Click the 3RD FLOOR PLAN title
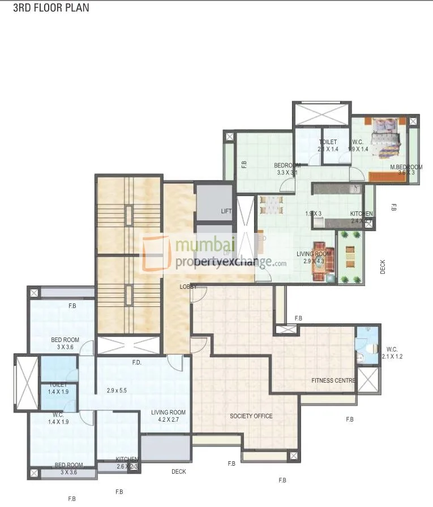pyautogui.click(x=51, y=8)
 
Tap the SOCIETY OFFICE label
pyautogui.click(x=251, y=416)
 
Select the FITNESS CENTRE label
pyautogui.click(x=333, y=380)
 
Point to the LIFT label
pyautogui.click(x=226, y=211)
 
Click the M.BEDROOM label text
pyautogui.click(x=406, y=170)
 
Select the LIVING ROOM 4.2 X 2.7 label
pyautogui.click(x=168, y=415)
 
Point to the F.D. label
pyautogui.click(x=136, y=362)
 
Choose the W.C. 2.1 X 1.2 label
pyautogui.click(x=392, y=353)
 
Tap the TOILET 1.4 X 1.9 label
pyautogui.click(x=58, y=388)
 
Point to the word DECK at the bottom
pyautogui.click(x=178, y=471)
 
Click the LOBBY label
pyautogui.click(x=188, y=287)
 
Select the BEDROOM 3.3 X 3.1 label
pyautogui.click(x=287, y=168)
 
